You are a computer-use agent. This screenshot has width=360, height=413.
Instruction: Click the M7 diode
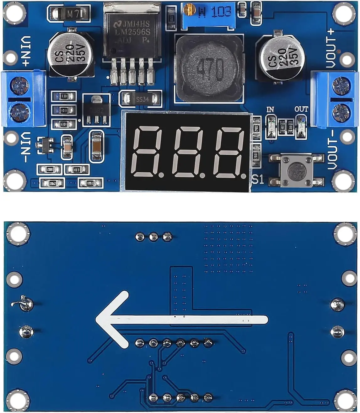[69, 13]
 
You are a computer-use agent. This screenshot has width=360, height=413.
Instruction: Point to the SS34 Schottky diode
[140, 99]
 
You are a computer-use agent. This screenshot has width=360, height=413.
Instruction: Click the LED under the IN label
[270, 125]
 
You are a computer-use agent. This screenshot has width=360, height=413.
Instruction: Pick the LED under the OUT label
[301, 126]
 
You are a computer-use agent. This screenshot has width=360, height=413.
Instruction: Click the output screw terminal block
[335, 99]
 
